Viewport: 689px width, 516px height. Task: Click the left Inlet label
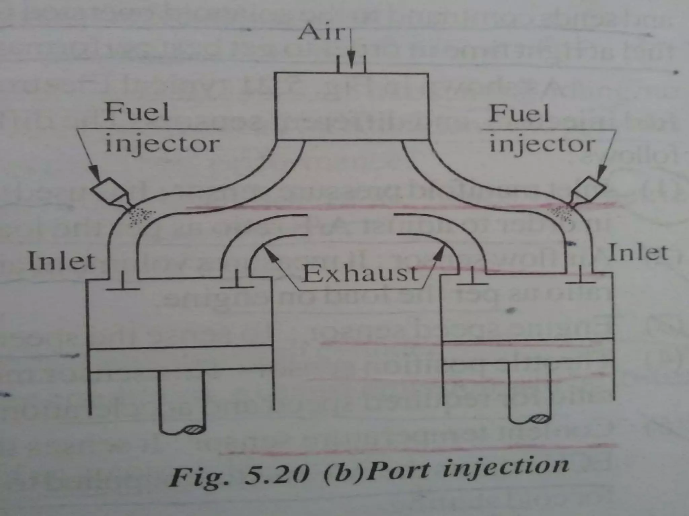(61, 261)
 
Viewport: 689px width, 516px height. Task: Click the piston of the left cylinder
(181, 359)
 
